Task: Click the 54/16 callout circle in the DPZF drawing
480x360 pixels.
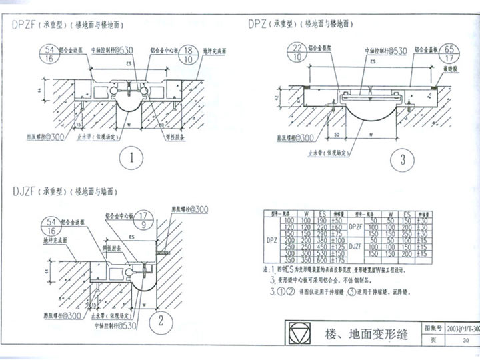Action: coord(49,54)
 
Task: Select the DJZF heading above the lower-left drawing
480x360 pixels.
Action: coord(25,191)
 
